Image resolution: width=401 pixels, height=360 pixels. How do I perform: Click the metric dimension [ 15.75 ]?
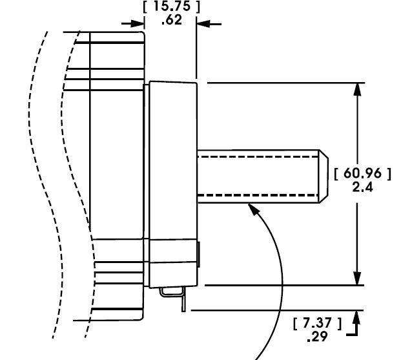pyautogui.click(x=170, y=7)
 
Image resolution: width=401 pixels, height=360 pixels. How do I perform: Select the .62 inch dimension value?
pyautogui.click(x=170, y=20)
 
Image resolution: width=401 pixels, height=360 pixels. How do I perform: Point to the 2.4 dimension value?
pyautogui.click(x=362, y=187)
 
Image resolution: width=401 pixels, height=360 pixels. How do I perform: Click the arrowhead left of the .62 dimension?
pyautogui.click(x=137, y=23)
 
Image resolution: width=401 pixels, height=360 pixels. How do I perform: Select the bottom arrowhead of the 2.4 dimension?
pyautogui.click(x=356, y=279)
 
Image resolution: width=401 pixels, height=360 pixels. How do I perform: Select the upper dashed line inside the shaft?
pyautogui.click(x=258, y=156)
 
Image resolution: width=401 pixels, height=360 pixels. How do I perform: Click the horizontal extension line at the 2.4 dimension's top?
pyautogui.click(x=284, y=82)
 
